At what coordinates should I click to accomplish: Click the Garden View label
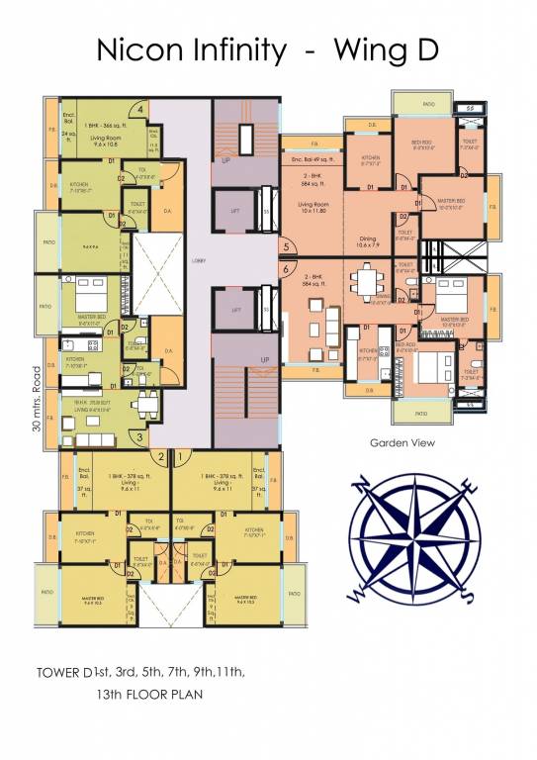click(x=402, y=443)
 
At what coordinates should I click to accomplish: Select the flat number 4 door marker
click(x=141, y=109)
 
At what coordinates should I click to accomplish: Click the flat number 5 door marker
click(x=286, y=247)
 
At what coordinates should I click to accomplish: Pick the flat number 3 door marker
click(x=140, y=435)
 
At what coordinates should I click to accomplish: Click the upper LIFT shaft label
click(x=235, y=212)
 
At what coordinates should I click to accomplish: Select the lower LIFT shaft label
click(x=235, y=310)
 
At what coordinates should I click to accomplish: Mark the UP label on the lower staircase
click(x=264, y=359)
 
